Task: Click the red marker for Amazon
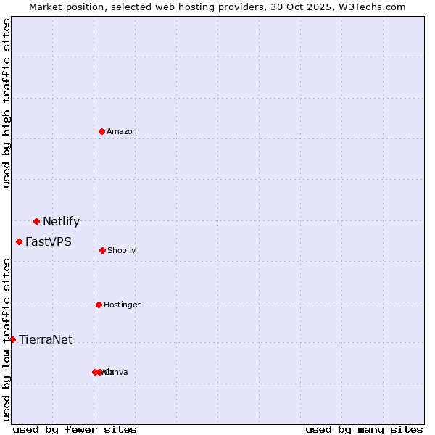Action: click(x=102, y=131)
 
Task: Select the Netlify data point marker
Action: click(x=36, y=221)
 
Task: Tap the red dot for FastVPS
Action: click(x=20, y=241)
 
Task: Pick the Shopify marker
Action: click(x=102, y=250)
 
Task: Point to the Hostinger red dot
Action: click(x=99, y=304)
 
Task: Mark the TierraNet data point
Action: click(x=12, y=339)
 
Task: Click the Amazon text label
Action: click(x=122, y=131)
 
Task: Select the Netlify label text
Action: click(x=61, y=222)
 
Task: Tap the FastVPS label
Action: click(x=49, y=242)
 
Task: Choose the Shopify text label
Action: click(x=122, y=250)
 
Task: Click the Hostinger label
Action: click(x=122, y=304)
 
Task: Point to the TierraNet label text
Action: click(x=46, y=340)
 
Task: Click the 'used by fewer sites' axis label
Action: click(x=75, y=429)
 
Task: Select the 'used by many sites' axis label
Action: click(x=364, y=429)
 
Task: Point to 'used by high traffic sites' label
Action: click(x=7, y=103)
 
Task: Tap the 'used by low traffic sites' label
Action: click(x=7, y=339)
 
